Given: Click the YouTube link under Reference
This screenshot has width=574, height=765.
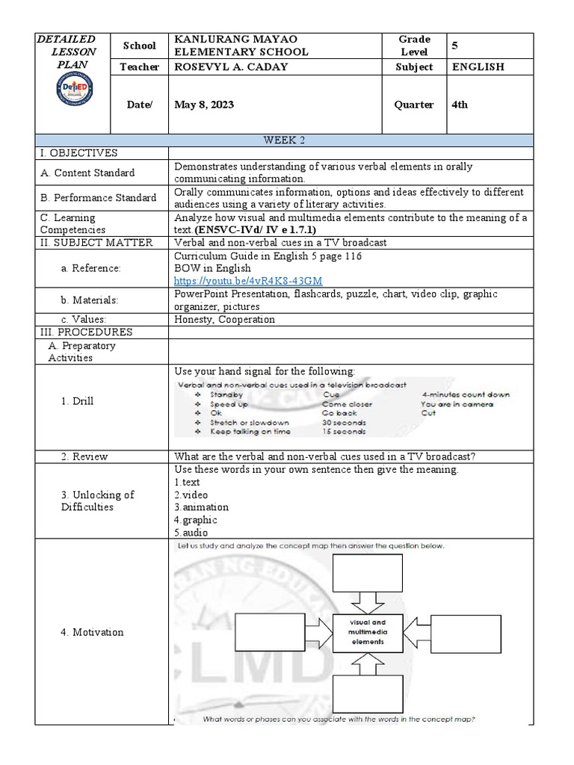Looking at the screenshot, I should tap(248, 281).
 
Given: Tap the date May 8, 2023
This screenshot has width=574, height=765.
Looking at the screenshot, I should tap(204, 105).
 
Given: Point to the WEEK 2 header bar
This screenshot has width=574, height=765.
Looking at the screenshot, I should tap(285, 140).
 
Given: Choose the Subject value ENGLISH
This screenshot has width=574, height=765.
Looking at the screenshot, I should tap(478, 67).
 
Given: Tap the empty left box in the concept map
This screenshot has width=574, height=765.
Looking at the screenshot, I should tap(268, 633).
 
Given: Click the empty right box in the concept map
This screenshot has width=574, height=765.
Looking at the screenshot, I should tap(467, 633).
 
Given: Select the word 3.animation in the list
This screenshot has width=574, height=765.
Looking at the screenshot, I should tap(202, 507).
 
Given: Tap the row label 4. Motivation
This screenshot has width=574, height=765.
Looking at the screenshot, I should tap(92, 632).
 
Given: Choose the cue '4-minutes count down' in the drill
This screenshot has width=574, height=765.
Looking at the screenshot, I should tap(465, 394).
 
